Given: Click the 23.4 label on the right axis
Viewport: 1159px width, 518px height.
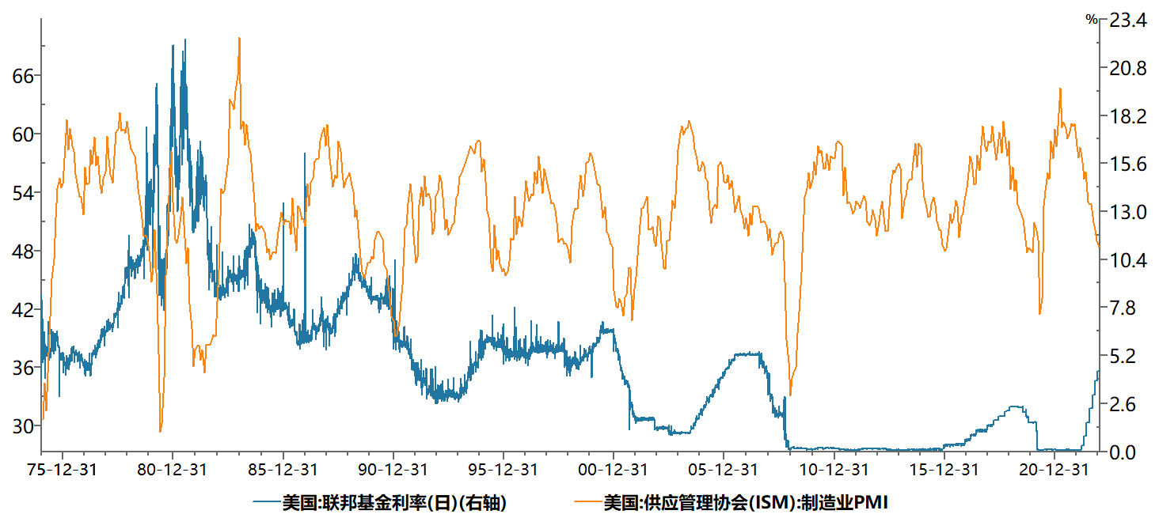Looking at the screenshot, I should click(1127, 21).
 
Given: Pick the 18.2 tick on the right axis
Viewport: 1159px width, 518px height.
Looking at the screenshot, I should click(1127, 117).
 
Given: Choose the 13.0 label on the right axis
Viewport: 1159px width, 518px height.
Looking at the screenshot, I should click(1127, 213).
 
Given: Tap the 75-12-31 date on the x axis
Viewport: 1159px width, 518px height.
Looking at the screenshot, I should click(63, 470).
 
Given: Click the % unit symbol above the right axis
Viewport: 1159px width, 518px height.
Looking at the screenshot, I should click(1092, 20).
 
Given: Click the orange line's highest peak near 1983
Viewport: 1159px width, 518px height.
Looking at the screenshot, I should click(239, 39).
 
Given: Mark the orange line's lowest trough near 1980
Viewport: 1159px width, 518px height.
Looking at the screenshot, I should click(161, 431).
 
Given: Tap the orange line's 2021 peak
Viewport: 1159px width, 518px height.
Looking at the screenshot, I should click(1060, 89).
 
